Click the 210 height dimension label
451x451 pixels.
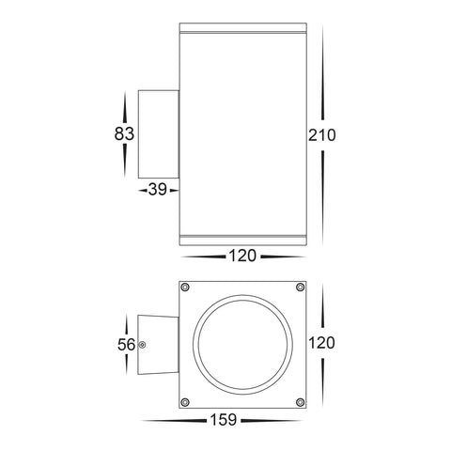click(322, 135)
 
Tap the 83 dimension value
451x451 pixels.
click(124, 133)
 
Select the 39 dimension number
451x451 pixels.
click(158, 189)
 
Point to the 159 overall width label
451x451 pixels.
click(224, 420)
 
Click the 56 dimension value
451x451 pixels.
click(127, 345)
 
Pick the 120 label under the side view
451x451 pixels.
click(242, 256)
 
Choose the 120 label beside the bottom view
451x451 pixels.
click(322, 342)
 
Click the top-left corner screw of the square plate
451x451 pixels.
click(185, 287)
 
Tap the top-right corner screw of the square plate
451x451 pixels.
click(300, 287)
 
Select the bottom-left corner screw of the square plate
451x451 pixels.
click(185, 402)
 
